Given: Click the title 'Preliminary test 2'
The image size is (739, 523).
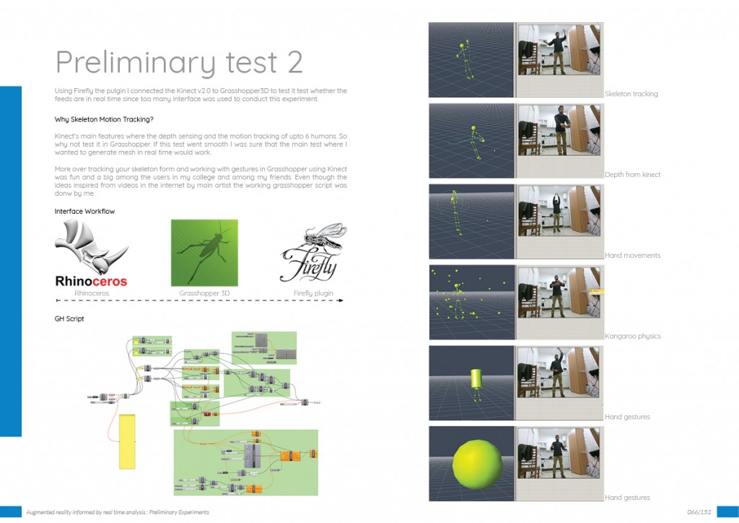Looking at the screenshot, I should tap(179, 62).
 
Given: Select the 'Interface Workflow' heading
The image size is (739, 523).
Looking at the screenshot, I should tap(84, 212).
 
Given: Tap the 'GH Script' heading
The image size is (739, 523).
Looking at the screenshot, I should tap(69, 319).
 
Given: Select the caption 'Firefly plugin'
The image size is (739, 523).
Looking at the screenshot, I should tap(312, 294).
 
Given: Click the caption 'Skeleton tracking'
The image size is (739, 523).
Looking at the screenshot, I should tap(631, 94).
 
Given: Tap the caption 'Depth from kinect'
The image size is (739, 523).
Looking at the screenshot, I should tap(632, 175).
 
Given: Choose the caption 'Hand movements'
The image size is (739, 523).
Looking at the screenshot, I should tap(632, 256).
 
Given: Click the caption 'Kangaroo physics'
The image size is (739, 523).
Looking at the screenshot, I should tap(632, 337).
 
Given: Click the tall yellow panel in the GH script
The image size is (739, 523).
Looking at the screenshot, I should tap(128, 441).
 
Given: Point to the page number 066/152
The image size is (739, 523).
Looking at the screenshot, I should tap(699, 512).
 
